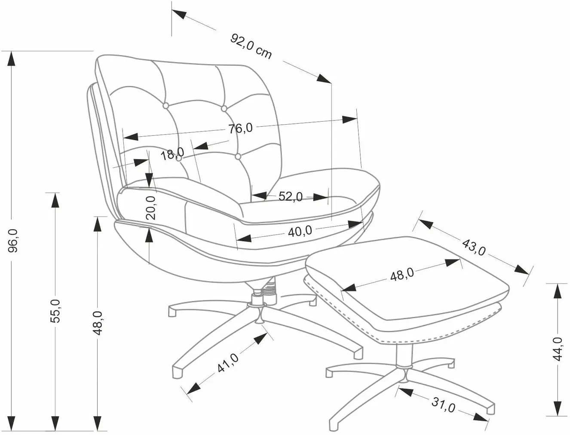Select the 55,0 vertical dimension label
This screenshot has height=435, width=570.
pos(55,311)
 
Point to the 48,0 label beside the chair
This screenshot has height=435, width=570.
pos(98,323)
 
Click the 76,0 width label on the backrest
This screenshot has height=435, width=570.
pos(240,128)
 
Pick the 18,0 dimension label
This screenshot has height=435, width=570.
pos(172,154)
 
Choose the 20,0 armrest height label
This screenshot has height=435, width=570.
pos(150,208)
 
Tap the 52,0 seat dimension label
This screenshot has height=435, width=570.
pos(290,196)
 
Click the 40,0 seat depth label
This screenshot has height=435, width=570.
pos(300,231)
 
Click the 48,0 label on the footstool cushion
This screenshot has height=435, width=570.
pos(402,274)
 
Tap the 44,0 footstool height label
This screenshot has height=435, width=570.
pos(557,349)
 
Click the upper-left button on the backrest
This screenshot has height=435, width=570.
pos(165,105)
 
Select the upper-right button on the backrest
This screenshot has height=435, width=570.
pos(224,108)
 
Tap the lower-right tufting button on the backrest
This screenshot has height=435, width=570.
pos(238,156)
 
